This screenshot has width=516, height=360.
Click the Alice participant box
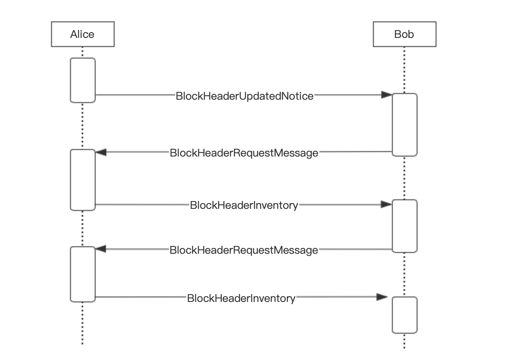pyautogui.click(x=82, y=34)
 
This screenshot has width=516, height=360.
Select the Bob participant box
pyautogui.click(x=404, y=34)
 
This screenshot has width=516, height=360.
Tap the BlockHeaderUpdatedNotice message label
pyautogui.click(x=244, y=96)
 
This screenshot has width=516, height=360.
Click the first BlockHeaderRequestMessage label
pyautogui.click(x=244, y=153)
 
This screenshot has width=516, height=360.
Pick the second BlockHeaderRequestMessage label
pyautogui.click(x=244, y=250)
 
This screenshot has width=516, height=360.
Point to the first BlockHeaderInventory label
pyautogui.click(x=244, y=205)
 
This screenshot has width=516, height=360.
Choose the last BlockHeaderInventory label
pyautogui.click(x=241, y=298)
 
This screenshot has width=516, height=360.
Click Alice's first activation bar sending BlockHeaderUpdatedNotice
pyautogui.click(x=82, y=80)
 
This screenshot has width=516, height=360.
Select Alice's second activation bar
pyautogui.click(x=82, y=180)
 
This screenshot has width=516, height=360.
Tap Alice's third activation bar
pyautogui.click(x=82, y=274)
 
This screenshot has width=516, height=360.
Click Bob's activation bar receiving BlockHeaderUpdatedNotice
pyautogui.click(x=404, y=125)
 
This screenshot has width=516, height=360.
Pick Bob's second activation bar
pyautogui.click(x=404, y=226)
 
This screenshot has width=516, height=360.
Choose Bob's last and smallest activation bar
pyautogui.click(x=404, y=315)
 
